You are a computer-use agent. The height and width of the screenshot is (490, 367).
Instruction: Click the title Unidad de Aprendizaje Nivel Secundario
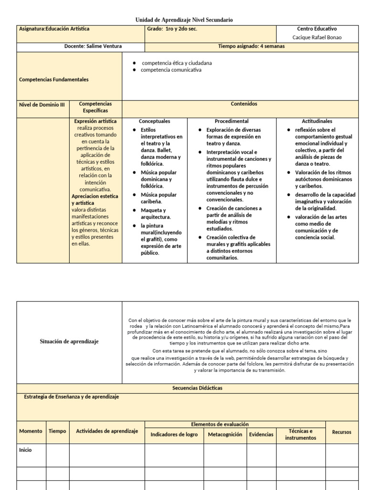184,20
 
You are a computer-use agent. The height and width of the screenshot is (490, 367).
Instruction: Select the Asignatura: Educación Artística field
54,29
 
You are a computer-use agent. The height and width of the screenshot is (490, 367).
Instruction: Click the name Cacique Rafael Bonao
317,38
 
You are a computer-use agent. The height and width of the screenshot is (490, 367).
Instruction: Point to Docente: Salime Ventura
93,46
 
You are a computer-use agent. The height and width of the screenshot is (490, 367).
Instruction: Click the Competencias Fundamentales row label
54,79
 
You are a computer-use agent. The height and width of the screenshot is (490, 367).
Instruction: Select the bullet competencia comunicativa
171,70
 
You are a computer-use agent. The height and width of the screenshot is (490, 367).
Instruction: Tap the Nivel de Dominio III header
42,104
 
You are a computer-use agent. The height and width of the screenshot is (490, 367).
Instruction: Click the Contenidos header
244,104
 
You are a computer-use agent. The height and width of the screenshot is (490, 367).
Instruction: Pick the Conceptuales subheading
154,122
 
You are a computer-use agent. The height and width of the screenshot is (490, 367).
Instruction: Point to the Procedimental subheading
231,122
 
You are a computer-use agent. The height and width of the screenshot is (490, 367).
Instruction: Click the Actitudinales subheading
317,122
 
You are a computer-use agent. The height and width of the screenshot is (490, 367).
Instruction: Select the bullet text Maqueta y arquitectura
153,213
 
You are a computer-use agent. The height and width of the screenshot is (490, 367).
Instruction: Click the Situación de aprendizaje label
69,342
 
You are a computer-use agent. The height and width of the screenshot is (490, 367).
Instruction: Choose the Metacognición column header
225,434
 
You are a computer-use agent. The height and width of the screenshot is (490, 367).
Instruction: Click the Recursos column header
341,432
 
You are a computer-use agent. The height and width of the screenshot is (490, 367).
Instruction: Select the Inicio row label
25,450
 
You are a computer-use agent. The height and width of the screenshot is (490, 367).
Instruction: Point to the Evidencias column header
261,434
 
